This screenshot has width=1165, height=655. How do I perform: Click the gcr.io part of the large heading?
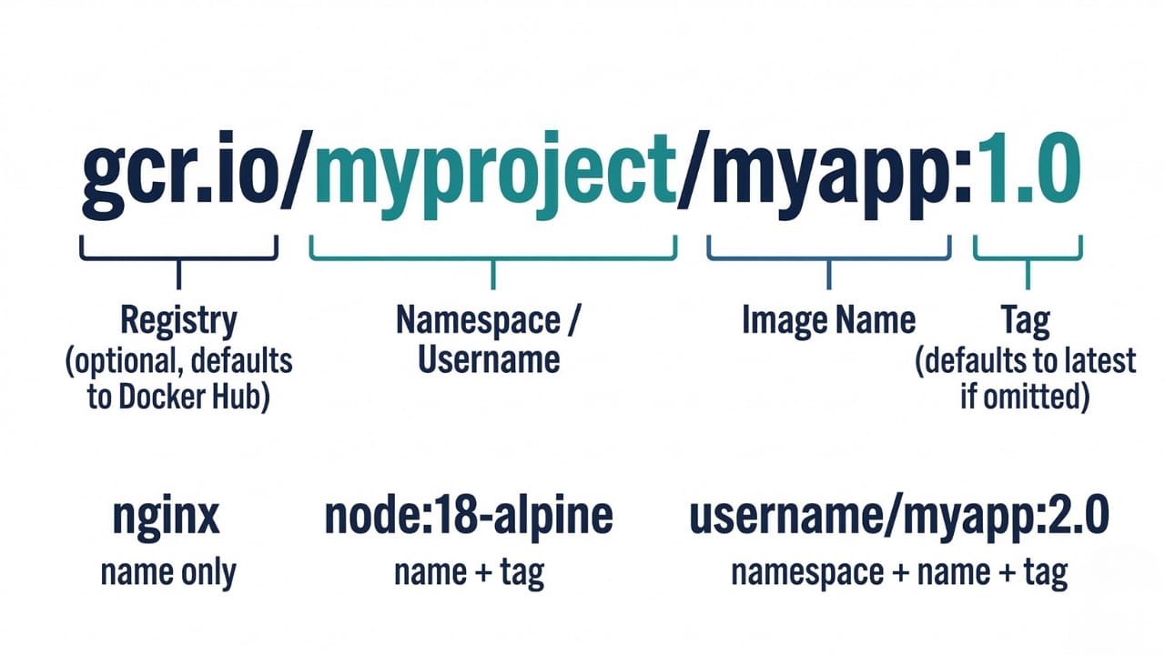(178, 177)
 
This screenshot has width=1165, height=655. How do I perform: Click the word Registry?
(178, 320)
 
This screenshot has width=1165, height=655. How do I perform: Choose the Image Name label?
(828, 320)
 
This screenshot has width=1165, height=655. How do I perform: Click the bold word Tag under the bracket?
(1026, 320)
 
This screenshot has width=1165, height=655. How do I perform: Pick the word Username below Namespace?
(489, 359)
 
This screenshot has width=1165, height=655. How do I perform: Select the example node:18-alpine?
(469, 517)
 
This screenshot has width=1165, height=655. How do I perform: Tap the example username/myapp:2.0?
(899, 517)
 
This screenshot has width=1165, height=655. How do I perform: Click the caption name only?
(167, 572)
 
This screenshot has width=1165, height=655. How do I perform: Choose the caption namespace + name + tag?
(899, 572)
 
